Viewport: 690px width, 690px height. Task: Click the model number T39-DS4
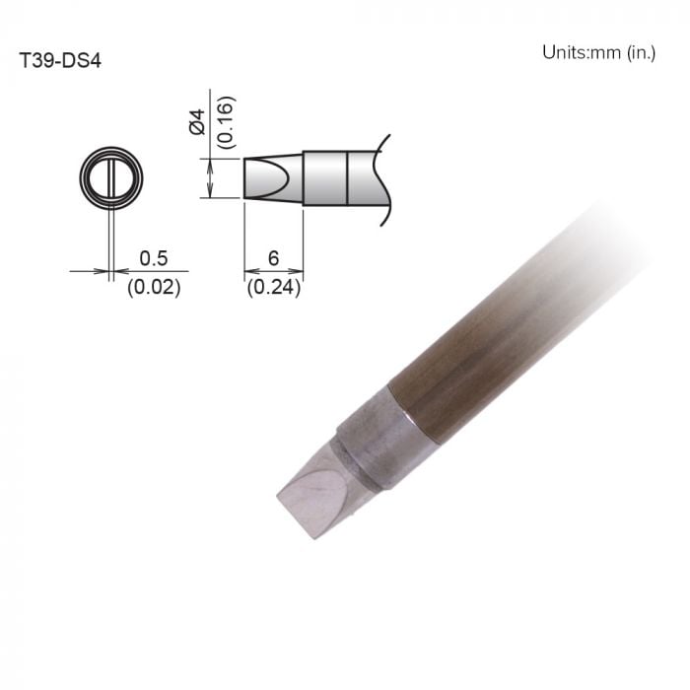click(60, 59)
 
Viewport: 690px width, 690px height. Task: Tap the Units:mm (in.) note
click(597, 52)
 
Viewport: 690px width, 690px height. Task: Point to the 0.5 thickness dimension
click(153, 258)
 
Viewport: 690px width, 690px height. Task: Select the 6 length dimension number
click(273, 258)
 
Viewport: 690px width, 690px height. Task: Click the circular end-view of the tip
click(110, 180)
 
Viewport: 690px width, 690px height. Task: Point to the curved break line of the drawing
click(384, 177)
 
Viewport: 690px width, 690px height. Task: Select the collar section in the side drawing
click(325, 177)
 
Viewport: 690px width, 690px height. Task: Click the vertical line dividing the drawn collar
click(348, 177)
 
